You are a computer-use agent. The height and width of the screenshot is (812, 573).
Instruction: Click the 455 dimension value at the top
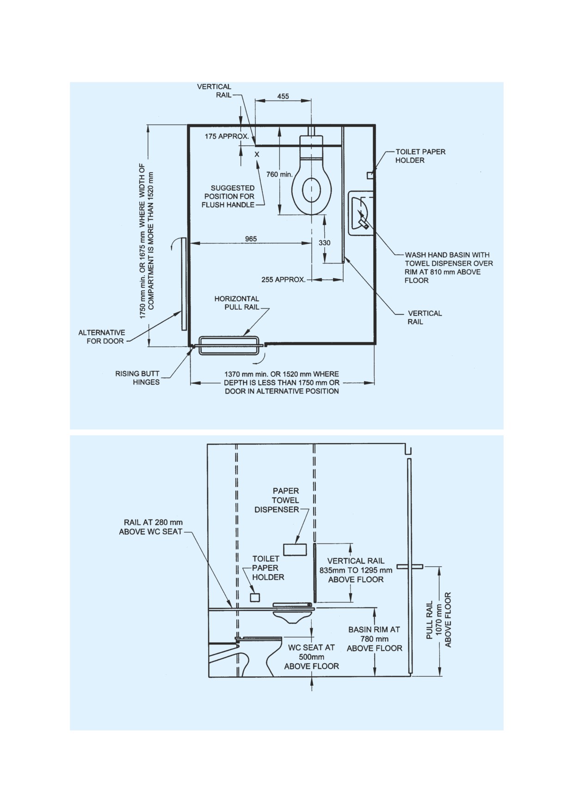click(283, 96)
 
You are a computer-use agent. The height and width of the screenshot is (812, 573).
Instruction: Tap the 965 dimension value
click(251, 239)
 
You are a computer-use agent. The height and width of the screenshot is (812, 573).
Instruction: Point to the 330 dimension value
click(325, 243)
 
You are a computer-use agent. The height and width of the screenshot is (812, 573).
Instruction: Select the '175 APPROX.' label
click(227, 137)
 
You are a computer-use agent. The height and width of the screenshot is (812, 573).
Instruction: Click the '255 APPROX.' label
click(283, 280)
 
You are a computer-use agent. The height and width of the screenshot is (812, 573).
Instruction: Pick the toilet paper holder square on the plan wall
click(370, 175)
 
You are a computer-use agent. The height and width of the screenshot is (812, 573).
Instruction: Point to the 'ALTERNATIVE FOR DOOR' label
click(102, 337)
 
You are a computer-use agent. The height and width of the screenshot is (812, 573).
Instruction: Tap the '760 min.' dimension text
click(280, 175)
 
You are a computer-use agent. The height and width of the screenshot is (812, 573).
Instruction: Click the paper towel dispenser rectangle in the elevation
click(295, 550)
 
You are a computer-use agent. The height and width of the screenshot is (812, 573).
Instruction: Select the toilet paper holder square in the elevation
click(255, 598)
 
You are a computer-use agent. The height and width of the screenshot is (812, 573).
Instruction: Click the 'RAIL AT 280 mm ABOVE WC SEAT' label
click(151, 527)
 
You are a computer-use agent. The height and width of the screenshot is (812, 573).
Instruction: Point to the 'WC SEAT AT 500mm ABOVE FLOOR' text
click(312, 656)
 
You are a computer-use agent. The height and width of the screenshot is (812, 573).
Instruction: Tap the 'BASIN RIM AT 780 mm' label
click(375, 634)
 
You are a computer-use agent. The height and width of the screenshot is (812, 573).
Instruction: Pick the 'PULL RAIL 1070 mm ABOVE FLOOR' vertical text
click(438, 620)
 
